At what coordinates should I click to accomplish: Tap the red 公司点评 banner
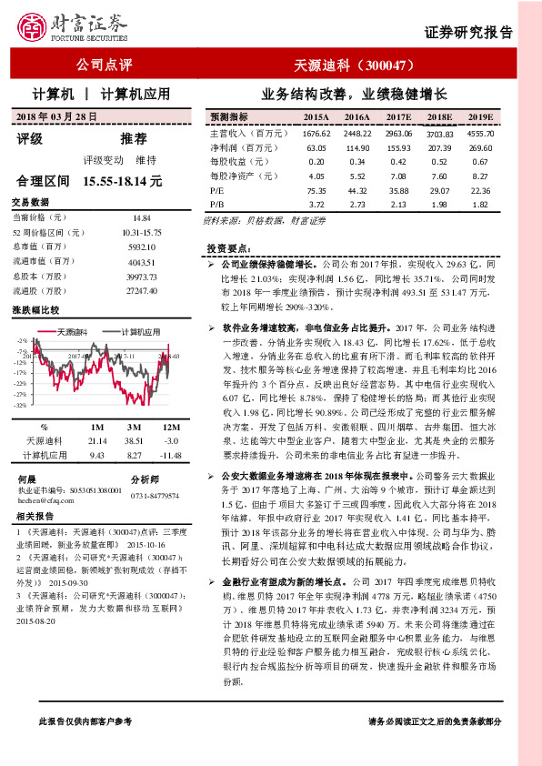(x=105, y=66)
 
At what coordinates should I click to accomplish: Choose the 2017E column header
(x=399, y=117)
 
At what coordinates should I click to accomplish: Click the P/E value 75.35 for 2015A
(x=316, y=190)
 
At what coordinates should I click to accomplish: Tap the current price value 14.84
(x=141, y=218)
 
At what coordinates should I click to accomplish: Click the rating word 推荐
(x=134, y=138)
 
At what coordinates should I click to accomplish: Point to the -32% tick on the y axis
(x=19, y=406)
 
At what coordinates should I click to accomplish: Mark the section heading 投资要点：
(x=228, y=247)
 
